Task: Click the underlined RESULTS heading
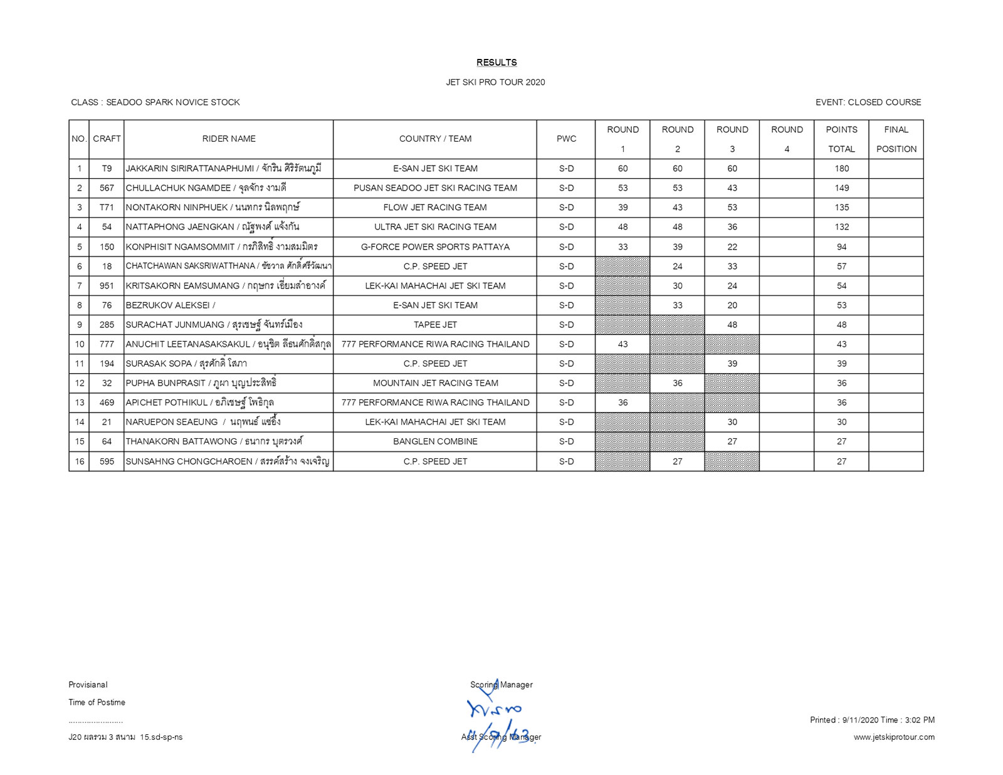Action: (496, 63)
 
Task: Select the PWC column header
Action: (566, 139)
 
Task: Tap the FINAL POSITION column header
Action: (896, 139)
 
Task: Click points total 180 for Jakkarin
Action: (841, 169)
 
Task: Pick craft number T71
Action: (107, 208)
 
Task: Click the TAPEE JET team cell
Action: (435, 325)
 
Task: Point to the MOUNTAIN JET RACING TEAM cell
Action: (435, 383)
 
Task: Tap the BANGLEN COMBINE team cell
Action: (435, 441)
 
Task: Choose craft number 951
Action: (107, 286)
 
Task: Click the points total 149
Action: (841, 188)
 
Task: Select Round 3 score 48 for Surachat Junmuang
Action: (732, 325)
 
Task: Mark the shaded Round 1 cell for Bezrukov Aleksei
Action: (622, 305)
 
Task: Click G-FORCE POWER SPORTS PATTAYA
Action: (435, 247)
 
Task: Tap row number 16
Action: (80, 461)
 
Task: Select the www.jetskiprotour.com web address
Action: (893, 737)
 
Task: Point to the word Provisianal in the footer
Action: (88, 685)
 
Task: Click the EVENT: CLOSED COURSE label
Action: (868, 102)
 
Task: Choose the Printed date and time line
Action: (872, 720)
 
